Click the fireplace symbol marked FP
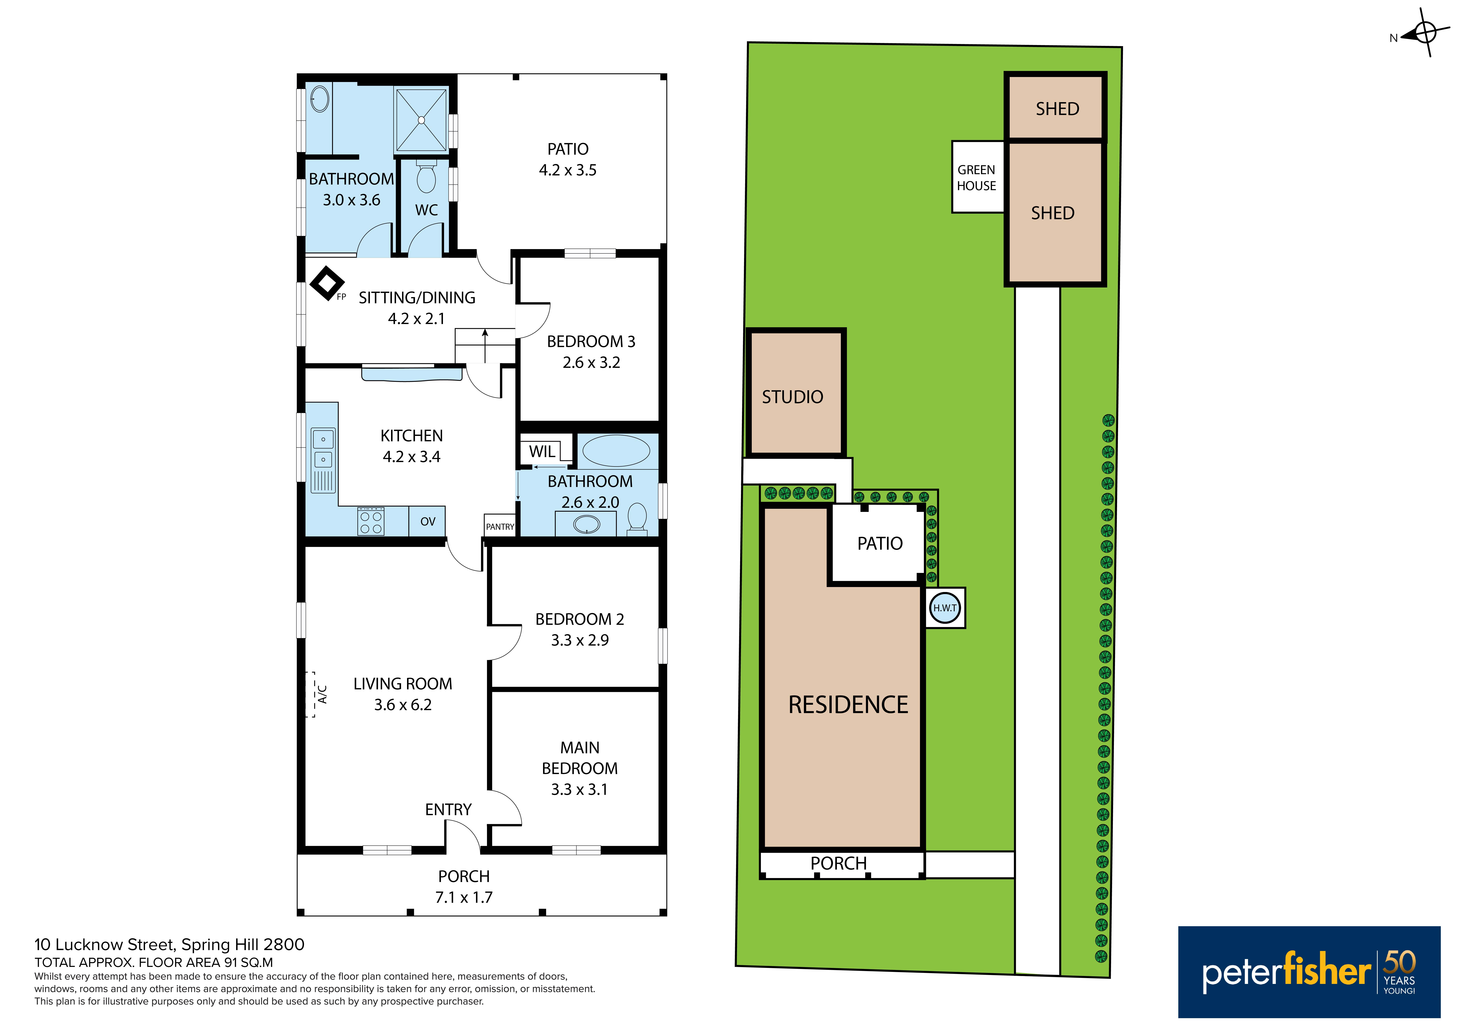327,283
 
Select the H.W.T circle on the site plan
945,608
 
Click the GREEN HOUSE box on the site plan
977,177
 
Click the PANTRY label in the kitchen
500,526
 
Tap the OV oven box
427,521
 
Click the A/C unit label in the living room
322,694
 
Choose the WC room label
426,210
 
